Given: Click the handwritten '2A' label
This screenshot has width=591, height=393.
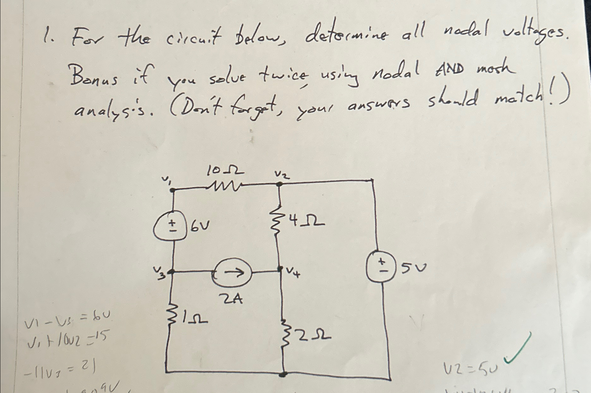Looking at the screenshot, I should (233, 299).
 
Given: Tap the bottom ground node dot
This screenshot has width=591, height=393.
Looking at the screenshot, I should (284, 374).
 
